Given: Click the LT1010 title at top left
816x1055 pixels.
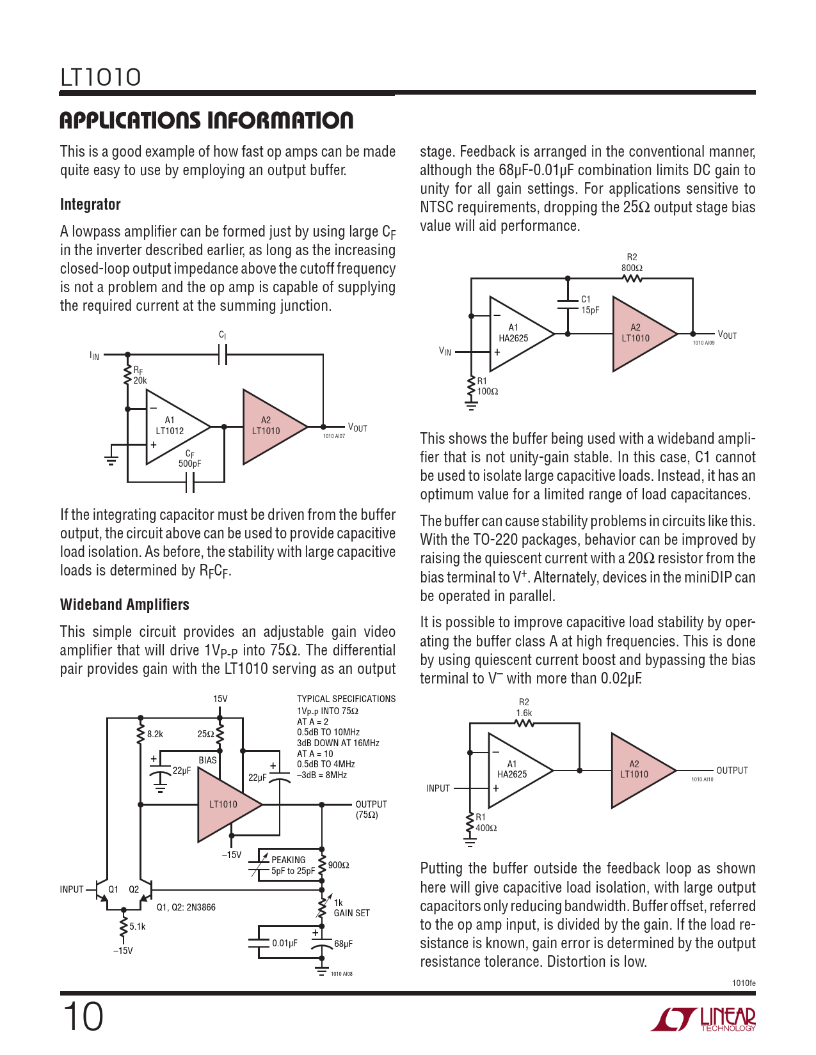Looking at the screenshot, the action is point(100,77).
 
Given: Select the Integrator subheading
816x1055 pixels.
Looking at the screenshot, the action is point(90,205).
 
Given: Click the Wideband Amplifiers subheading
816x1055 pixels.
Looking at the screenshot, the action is point(125,604).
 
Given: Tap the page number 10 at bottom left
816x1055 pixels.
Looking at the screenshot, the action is point(83,1017).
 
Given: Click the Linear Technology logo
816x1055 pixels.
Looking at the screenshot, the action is point(703,1019).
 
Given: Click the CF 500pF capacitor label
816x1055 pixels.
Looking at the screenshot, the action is point(189,459).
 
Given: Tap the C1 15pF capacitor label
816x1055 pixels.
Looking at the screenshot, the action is point(590,304).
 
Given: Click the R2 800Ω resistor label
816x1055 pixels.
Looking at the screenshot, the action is point(632,263).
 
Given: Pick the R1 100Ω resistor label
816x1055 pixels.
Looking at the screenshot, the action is point(488,386).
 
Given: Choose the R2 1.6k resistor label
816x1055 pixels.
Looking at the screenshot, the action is point(524,707).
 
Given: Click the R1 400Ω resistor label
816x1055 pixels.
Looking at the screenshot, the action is point(486,822).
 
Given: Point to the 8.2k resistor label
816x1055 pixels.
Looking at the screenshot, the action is point(155,734).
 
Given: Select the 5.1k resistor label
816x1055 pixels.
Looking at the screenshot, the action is point(138,926).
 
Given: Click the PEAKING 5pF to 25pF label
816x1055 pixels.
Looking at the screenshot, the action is point(292,865).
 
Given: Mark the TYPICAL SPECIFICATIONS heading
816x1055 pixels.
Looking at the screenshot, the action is point(346,699).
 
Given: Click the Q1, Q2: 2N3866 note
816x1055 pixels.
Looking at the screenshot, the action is point(186,907).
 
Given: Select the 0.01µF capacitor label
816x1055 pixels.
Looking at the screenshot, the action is point(285,943).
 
